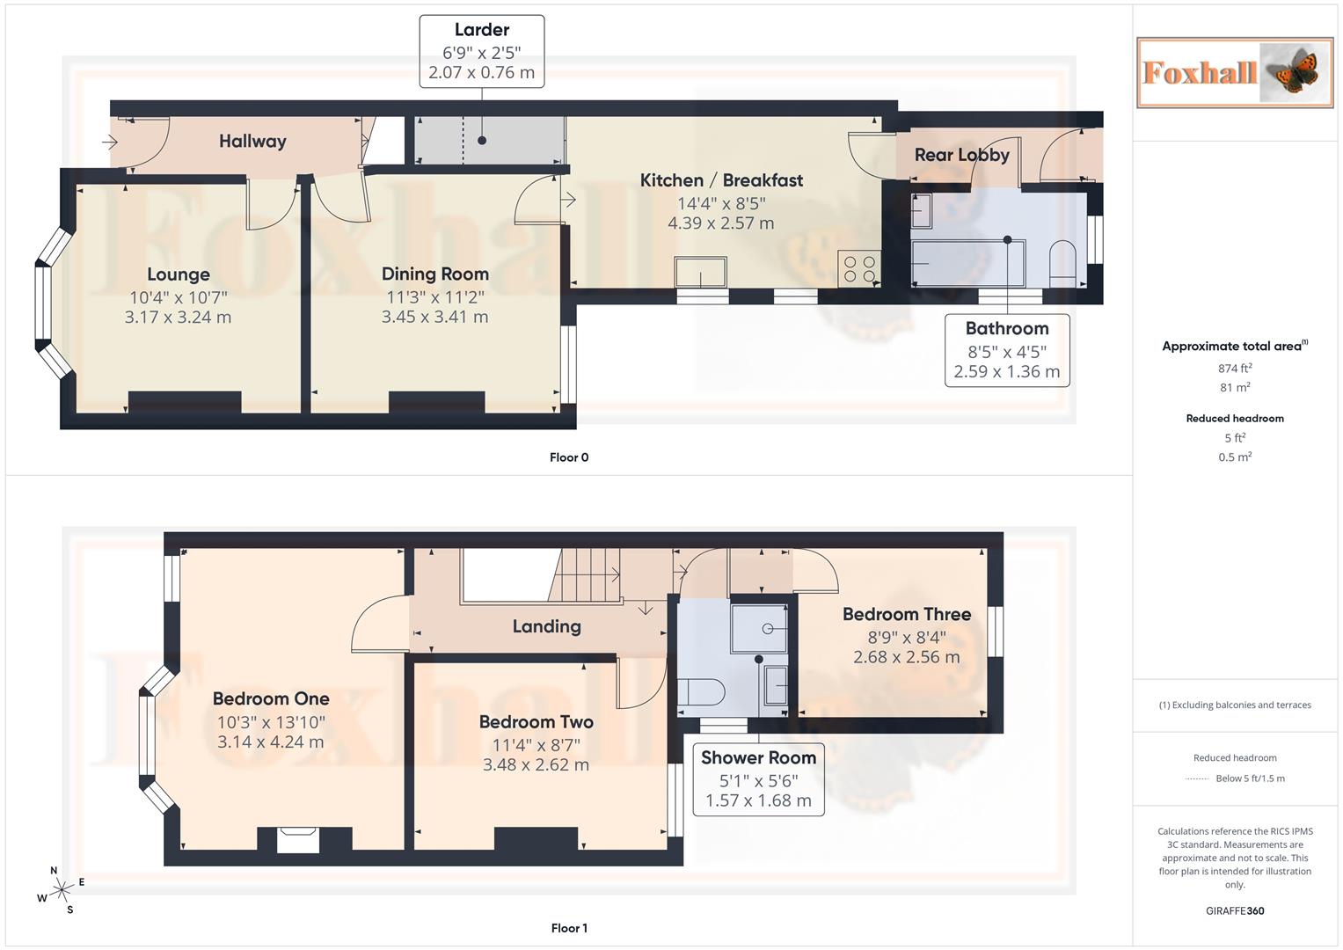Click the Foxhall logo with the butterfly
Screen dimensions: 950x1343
tap(1234, 72)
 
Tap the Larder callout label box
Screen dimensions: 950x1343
tap(482, 51)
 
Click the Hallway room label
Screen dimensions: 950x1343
tap(252, 141)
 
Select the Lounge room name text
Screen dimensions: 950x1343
tap(179, 274)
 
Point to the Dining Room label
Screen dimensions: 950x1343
tap(434, 274)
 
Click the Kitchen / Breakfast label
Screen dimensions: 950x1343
tap(721, 180)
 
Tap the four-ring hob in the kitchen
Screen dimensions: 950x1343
tap(859, 268)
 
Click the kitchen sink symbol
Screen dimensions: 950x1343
tap(701, 272)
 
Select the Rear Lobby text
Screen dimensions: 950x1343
tap(961, 155)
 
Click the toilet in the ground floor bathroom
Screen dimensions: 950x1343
tap(1062, 263)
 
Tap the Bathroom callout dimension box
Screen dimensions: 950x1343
tap(1007, 350)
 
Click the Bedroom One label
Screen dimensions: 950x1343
tap(271, 698)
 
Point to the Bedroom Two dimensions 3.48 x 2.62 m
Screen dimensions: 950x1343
tap(536, 764)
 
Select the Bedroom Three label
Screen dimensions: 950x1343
tap(907, 614)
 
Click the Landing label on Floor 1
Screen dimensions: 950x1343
tap(546, 626)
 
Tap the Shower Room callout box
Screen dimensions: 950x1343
tap(758, 779)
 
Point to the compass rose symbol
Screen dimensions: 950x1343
tap(61, 890)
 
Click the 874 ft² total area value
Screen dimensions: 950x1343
tap(1235, 369)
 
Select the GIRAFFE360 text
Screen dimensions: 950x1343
tap(1235, 910)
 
